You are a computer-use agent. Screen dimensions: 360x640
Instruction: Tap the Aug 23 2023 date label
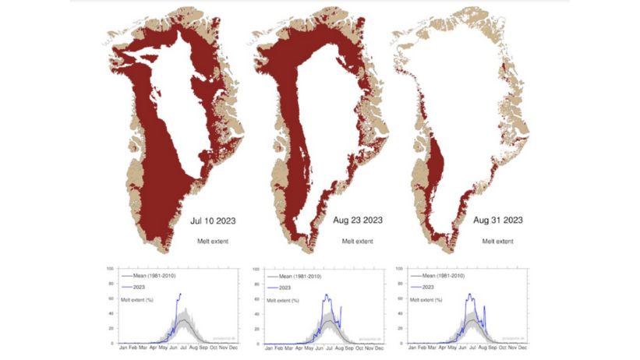(x=352, y=221)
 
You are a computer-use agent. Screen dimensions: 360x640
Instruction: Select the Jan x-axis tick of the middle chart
(x=269, y=349)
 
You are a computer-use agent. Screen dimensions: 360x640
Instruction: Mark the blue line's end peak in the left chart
(x=180, y=294)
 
